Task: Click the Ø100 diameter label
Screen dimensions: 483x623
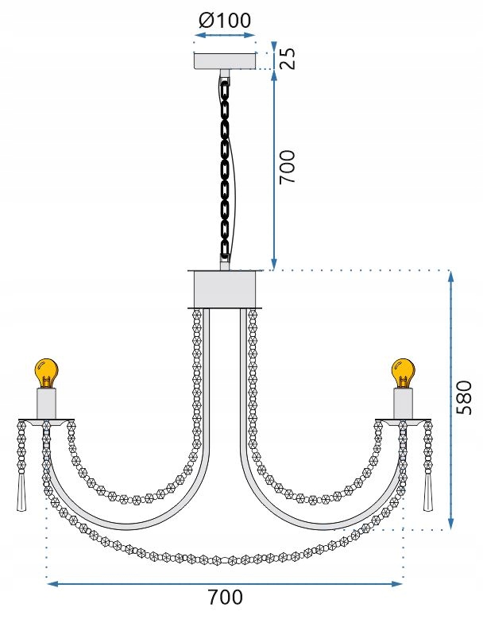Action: (x=225, y=21)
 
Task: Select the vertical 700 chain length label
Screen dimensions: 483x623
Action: (x=288, y=167)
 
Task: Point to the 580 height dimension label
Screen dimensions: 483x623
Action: (x=464, y=397)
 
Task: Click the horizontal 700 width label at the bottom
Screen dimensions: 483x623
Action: (x=226, y=597)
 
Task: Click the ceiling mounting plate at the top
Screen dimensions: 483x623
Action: (x=225, y=60)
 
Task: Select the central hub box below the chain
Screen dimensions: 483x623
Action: (x=225, y=289)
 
